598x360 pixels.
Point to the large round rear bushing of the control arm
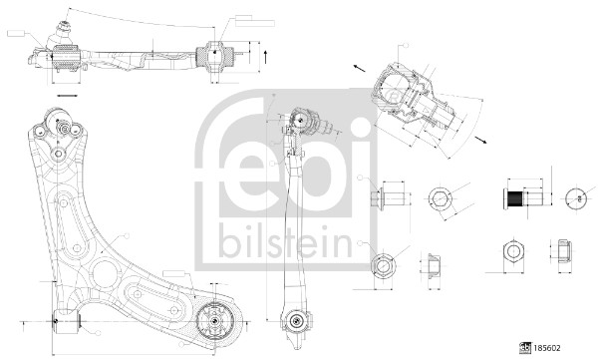pos(212,321)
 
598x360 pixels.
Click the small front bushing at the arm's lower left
pos(62,321)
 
